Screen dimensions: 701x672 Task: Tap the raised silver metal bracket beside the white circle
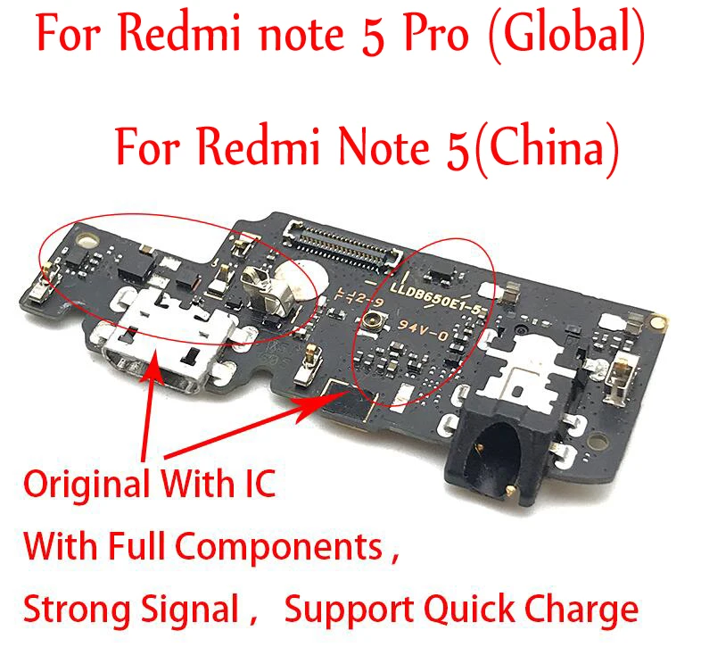click(x=260, y=295)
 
